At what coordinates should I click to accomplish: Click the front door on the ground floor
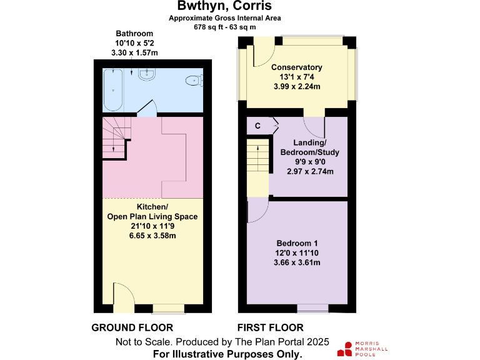tap(122, 297)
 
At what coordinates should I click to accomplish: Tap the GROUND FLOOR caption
tap(132, 327)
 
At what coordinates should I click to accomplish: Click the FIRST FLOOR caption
tap(271, 327)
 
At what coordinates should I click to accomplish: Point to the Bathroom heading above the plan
tap(134, 34)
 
